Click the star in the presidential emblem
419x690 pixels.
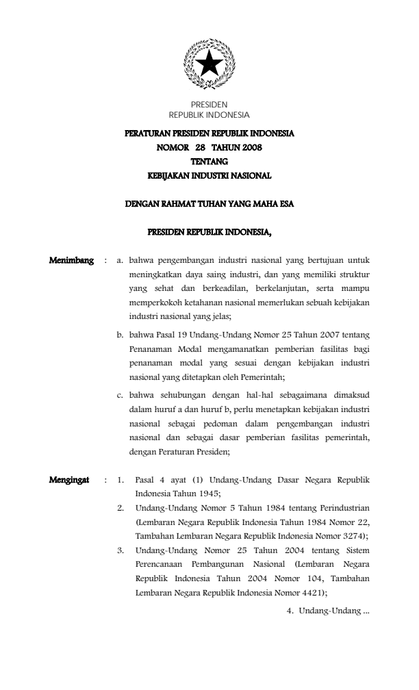coord(209,64)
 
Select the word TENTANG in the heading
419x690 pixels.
coord(209,161)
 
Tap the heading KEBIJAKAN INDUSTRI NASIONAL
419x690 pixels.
coord(209,175)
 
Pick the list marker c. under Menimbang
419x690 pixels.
coord(120,394)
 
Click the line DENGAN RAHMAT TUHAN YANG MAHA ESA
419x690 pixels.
coord(209,203)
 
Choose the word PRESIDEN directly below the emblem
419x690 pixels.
coord(209,105)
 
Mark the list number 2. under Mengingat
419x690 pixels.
coord(120,509)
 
